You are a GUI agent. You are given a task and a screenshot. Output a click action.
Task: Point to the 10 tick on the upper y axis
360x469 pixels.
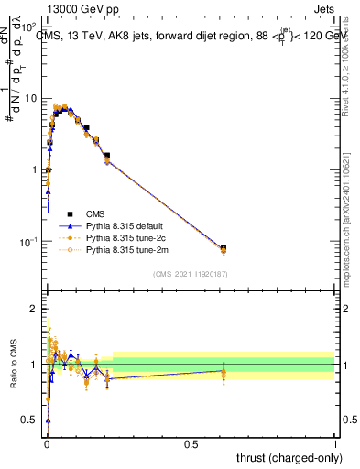click(32, 98)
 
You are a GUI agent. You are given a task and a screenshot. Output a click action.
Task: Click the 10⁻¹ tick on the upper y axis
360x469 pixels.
click(30, 242)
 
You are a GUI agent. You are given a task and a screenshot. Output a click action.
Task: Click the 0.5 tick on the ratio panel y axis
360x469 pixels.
click(32, 420)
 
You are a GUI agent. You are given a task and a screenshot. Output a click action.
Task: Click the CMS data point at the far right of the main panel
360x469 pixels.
click(224, 247)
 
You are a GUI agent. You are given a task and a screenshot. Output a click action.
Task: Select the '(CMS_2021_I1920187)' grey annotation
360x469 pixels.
click(189, 274)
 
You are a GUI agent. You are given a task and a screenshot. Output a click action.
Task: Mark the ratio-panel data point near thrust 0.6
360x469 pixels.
click(224, 372)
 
